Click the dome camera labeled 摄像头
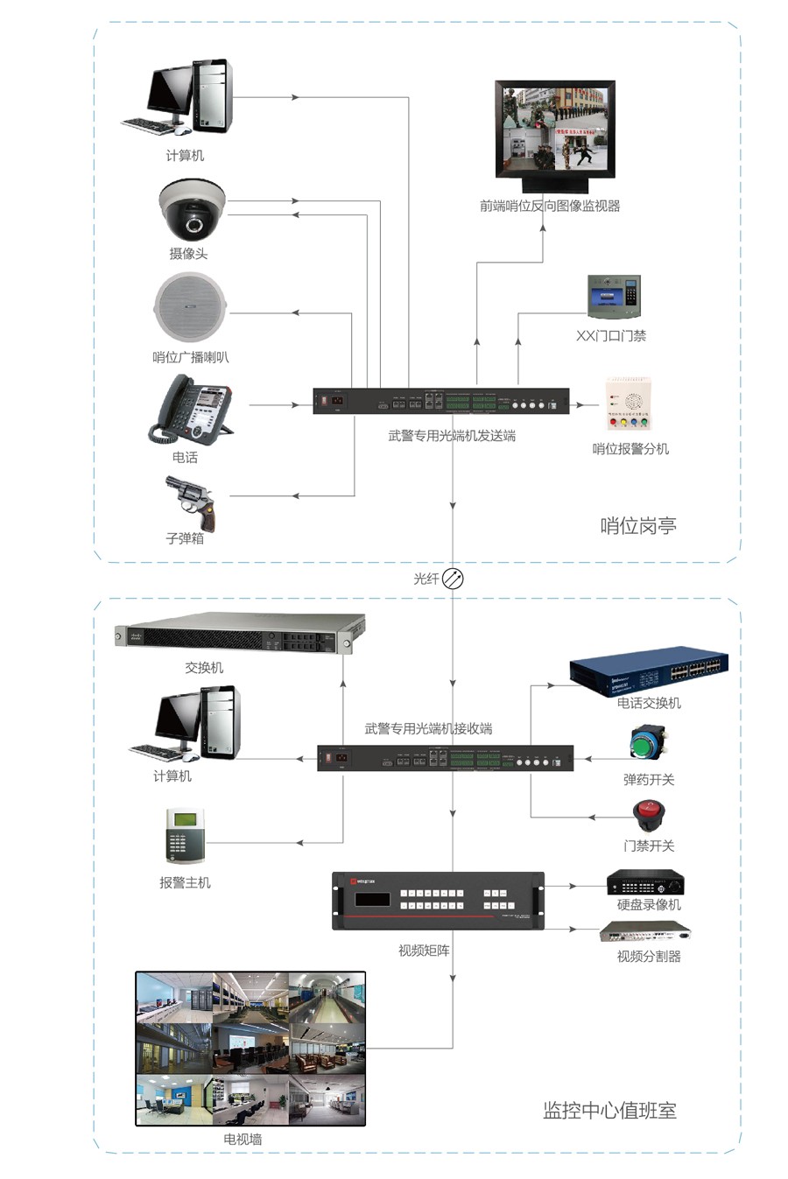pyautogui.click(x=192, y=210)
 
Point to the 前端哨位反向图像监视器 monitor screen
pyautogui.click(x=555, y=130)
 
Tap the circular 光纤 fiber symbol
pyautogui.click(x=453, y=579)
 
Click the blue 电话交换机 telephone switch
pyautogui.click(x=649, y=670)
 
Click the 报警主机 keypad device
pyautogui.click(x=185, y=836)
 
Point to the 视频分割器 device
pyautogui.click(x=645, y=932)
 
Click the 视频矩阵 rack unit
pyautogui.click(x=438, y=900)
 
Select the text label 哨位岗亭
pyautogui.click(x=638, y=526)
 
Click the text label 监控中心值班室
pyautogui.click(x=609, y=1111)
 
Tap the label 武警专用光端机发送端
pyautogui.click(x=452, y=435)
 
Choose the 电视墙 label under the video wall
pyautogui.click(x=243, y=1139)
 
